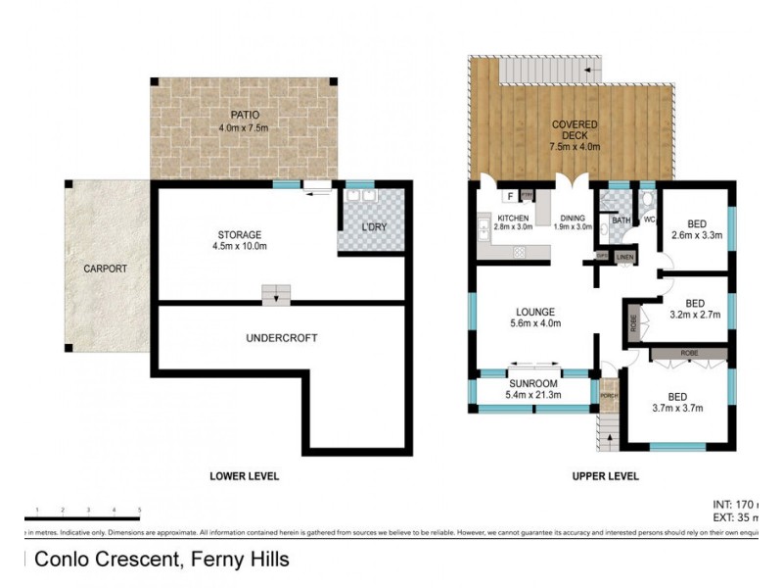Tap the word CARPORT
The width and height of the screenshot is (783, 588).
[x=105, y=268]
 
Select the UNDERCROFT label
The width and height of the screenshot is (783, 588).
[x=282, y=338]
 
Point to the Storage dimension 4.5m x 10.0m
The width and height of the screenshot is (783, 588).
[x=240, y=246]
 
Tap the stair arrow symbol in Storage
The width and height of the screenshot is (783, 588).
[x=277, y=294]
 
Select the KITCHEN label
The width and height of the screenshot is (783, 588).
[x=514, y=218]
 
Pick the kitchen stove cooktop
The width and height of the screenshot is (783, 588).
[x=519, y=252]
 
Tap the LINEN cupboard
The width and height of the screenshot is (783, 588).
[x=625, y=258]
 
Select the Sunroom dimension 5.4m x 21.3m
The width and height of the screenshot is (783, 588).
[x=533, y=394]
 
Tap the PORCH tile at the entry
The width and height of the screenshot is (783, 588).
[x=609, y=395]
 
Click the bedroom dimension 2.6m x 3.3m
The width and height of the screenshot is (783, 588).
[x=696, y=235]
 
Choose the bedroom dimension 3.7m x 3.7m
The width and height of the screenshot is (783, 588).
[x=678, y=408]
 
